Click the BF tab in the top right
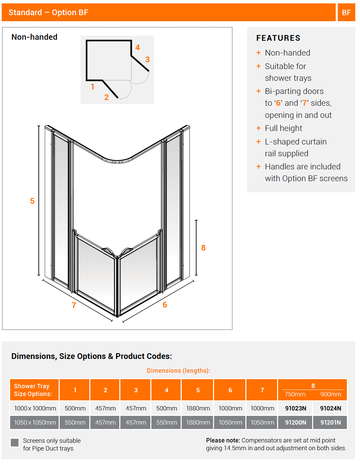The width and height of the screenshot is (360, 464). pyautogui.click(x=346, y=12)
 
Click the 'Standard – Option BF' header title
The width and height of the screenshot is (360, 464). pyautogui.click(x=48, y=12)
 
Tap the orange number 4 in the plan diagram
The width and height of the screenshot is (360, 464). pyautogui.click(x=138, y=47)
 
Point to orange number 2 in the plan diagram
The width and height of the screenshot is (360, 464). pyautogui.click(x=107, y=97)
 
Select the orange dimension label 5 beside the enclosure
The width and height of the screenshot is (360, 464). pyautogui.click(x=32, y=201)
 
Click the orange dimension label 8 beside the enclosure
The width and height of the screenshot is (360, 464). pyautogui.click(x=203, y=248)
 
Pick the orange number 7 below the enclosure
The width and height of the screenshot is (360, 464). pyautogui.click(x=74, y=305)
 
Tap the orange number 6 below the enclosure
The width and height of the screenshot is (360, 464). pyautogui.click(x=165, y=305)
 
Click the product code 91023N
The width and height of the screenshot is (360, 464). pyautogui.click(x=296, y=408)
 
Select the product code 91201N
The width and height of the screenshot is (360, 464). pyautogui.click(x=330, y=423)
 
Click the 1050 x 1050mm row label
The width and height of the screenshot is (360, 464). pyautogui.click(x=35, y=423)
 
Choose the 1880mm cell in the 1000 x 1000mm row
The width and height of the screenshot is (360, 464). pyautogui.click(x=198, y=408)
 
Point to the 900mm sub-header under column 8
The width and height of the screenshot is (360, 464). pyautogui.click(x=330, y=394)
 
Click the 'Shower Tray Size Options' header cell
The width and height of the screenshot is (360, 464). pyautogui.click(x=33, y=390)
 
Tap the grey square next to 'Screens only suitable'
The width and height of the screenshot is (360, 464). pyautogui.click(x=14, y=442)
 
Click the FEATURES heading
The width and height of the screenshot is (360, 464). pyautogui.click(x=278, y=38)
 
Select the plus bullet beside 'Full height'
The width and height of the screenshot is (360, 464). pyautogui.click(x=259, y=128)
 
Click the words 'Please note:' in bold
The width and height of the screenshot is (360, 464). pyautogui.click(x=223, y=440)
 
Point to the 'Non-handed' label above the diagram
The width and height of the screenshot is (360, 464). pyautogui.click(x=34, y=37)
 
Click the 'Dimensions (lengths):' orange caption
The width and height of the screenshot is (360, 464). pyautogui.click(x=178, y=371)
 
